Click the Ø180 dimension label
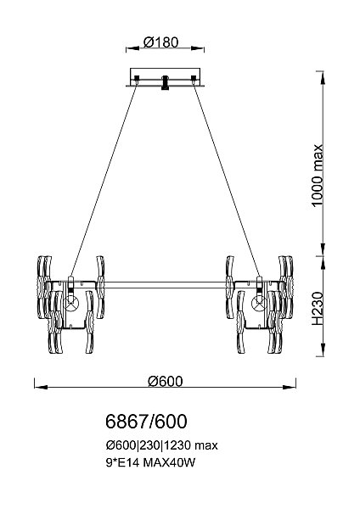160,42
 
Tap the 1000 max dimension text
317,175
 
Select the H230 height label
318,309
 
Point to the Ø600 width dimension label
165,381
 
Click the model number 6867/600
146,422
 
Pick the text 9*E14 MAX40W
151,462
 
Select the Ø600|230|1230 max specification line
162,445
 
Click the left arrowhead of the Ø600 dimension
41,387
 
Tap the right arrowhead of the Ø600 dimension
290,387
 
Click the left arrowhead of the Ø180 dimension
132,48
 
